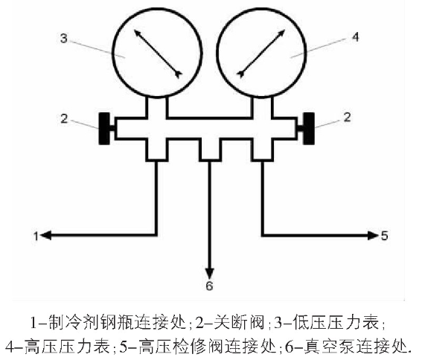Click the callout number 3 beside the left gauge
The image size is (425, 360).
coord(64,38)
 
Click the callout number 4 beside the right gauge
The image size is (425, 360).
coord(355,36)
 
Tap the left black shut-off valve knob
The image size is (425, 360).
coord(104,129)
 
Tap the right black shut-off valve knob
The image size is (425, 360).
coord(309,129)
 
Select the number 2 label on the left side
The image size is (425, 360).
coord(64,119)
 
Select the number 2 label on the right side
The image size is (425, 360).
coord(347,117)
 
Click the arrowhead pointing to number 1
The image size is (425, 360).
coord(46,235)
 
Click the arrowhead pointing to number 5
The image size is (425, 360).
coord(373,235)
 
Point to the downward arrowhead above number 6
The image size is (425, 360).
coord(209,273)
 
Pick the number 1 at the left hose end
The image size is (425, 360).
coord(36,236)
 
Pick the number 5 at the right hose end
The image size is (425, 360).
coord(384,235)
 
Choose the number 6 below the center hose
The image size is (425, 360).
coord(209,286)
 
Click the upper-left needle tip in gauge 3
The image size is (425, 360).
coord(135,30)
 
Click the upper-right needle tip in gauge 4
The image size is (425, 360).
coord(284,30)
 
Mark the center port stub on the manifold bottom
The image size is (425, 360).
coord(210,150)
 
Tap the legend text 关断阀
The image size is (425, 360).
coord(239,322)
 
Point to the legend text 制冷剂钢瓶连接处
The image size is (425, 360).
coord(117,322)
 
